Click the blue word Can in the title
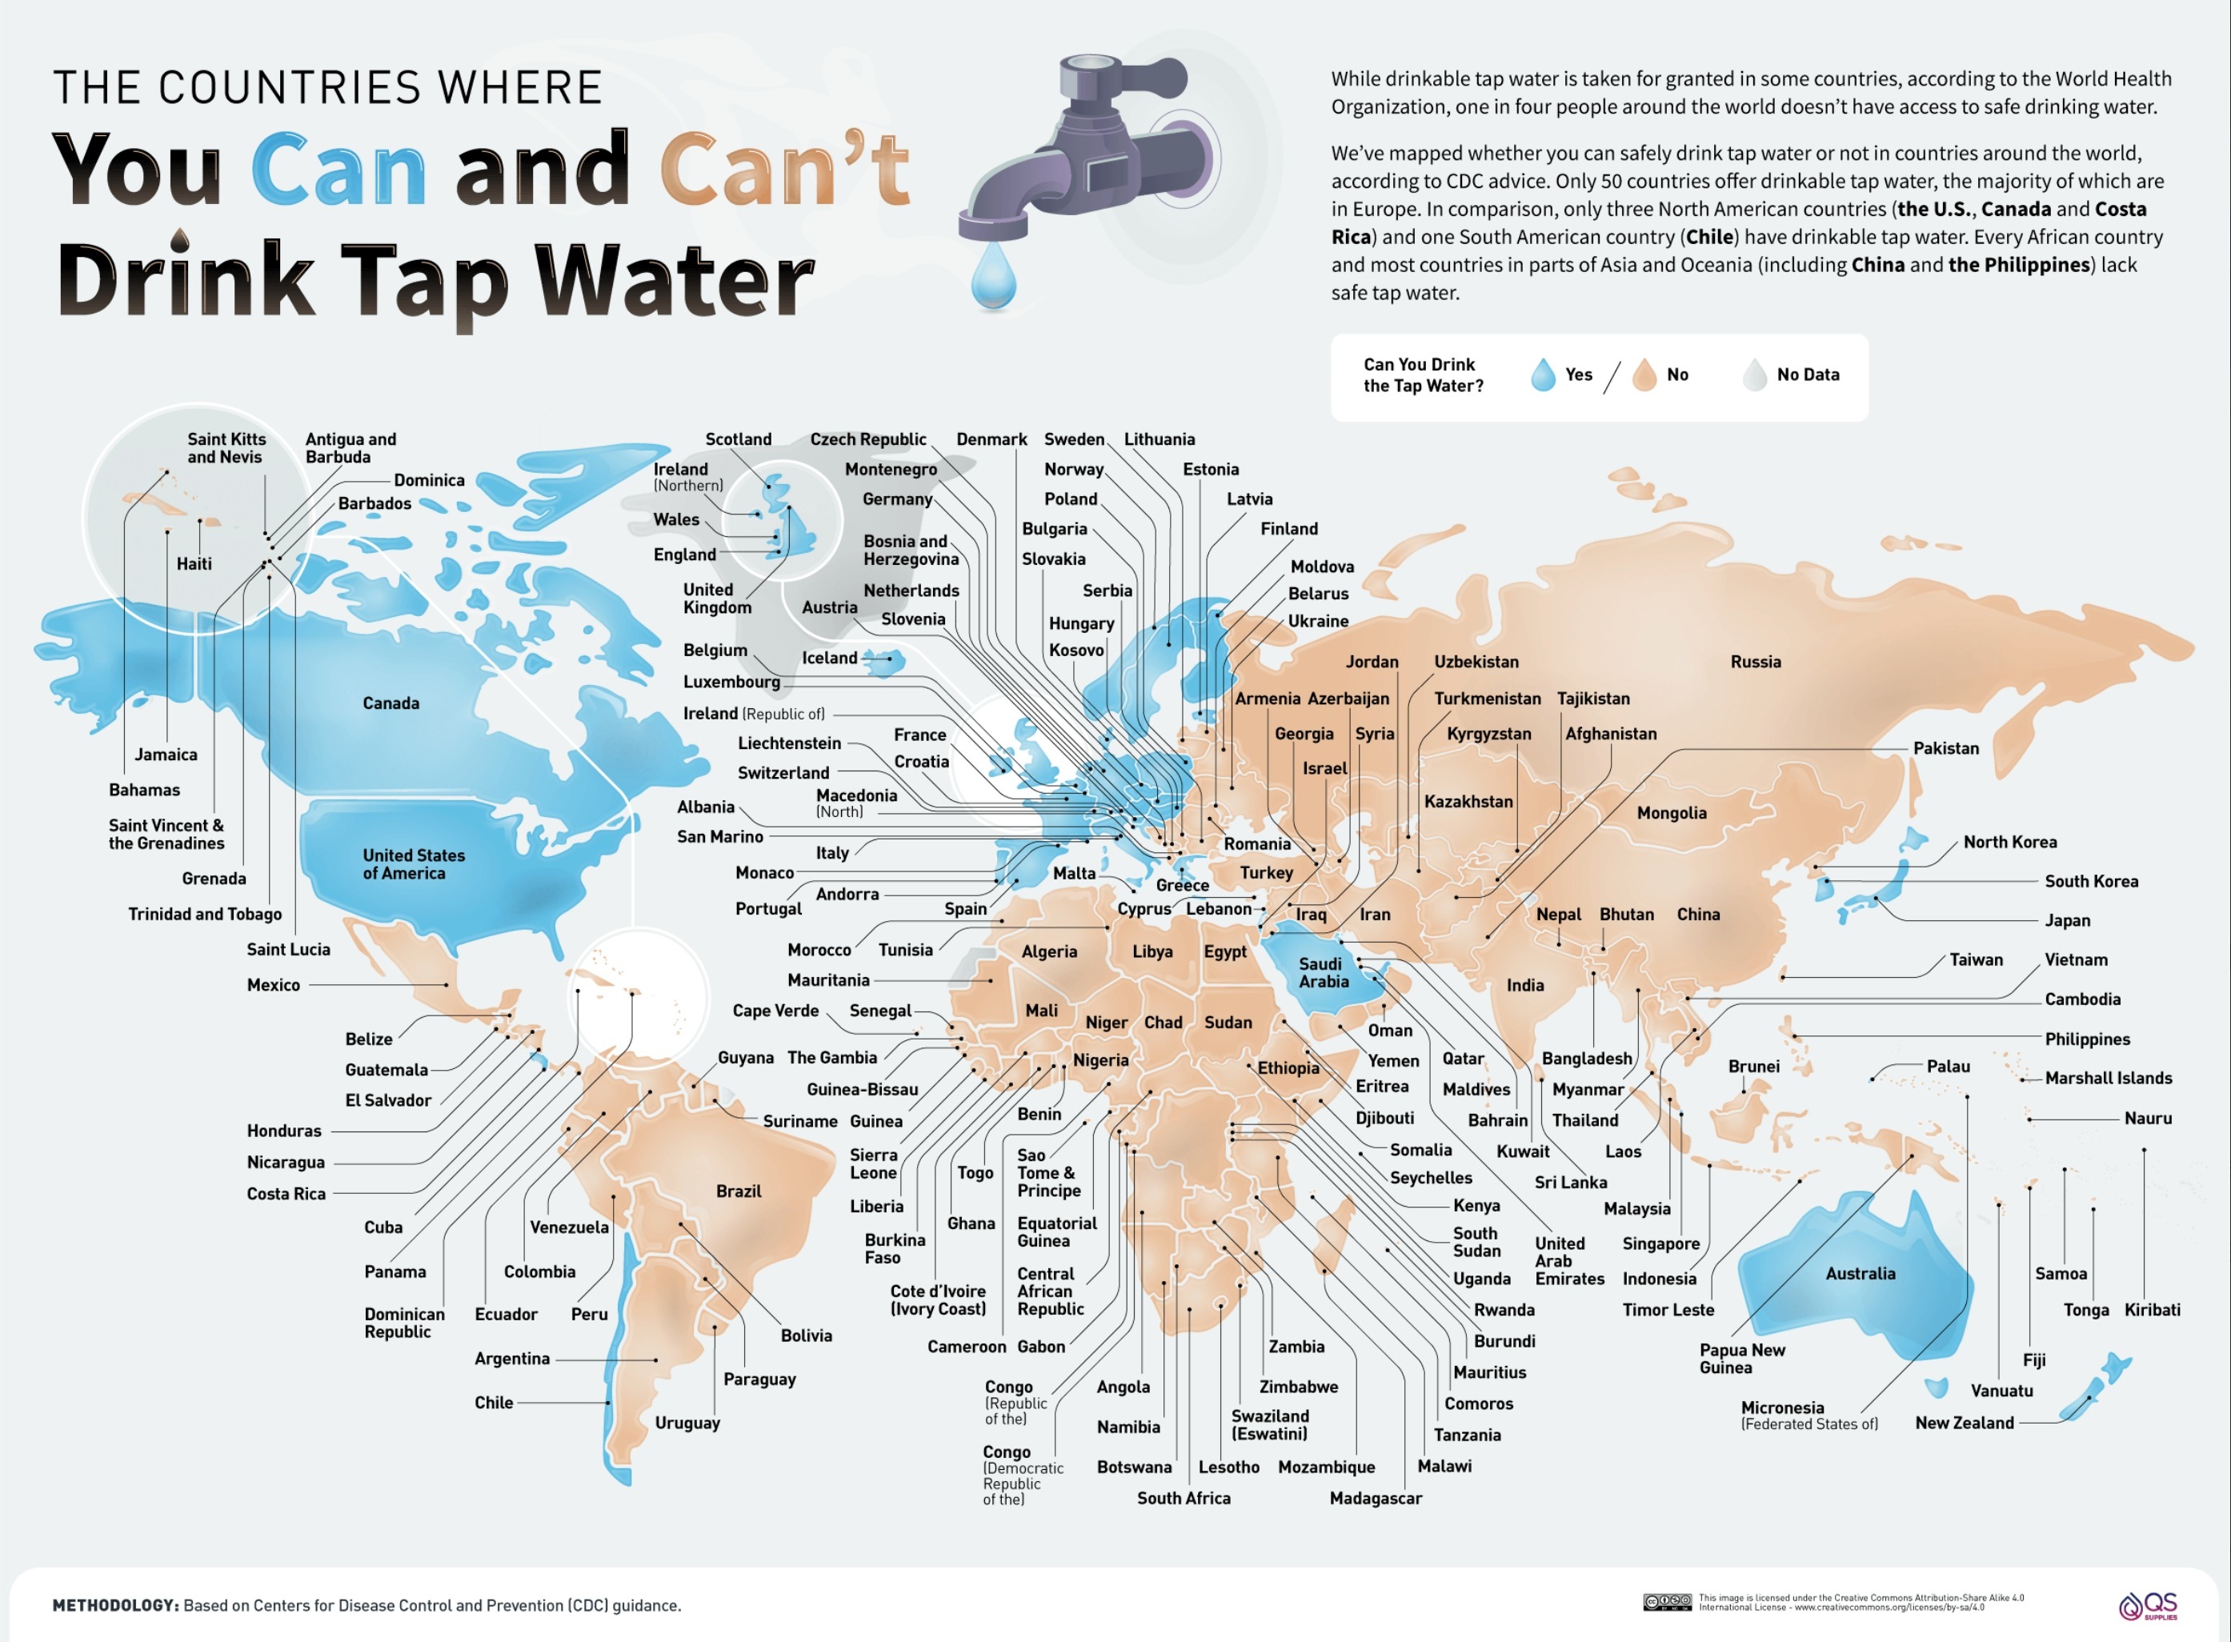(338, 169)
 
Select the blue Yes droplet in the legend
(1542, 374)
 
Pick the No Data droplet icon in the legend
(1754, 374)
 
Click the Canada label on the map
(391, 703)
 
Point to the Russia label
(1755, 661)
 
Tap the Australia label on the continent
(1860, 1273)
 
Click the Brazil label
(739, 1191)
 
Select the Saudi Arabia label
(1324, 972)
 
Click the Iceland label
(829, 657)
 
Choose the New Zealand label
(1964, 1422)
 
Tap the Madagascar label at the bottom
(1376, 1498)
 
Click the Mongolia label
(1672, 812)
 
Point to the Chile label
(493, 1403)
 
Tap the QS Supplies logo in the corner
(2149, 1605)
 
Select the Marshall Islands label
(2108, 1077)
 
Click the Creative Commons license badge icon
(1667, 1602)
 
